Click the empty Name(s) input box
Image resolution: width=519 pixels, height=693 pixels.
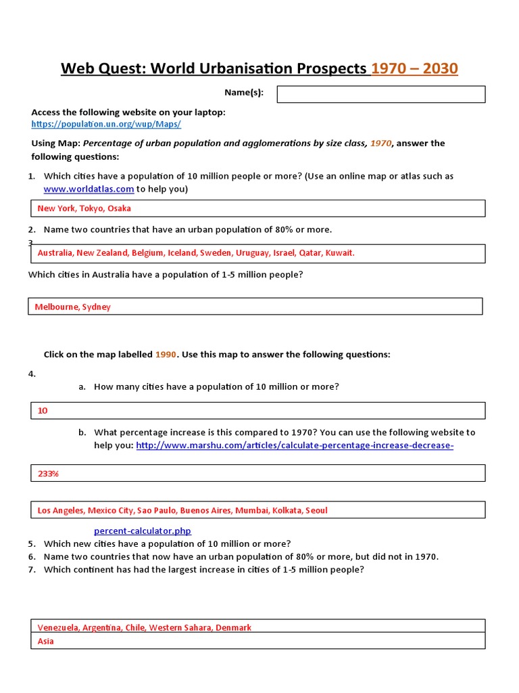pyautogui.click(x=381, y=94)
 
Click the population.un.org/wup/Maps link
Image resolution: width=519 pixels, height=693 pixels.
pyautogui.click(x=106, y=125)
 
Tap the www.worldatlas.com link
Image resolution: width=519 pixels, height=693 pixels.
pyautogui.click(x=89, y=189)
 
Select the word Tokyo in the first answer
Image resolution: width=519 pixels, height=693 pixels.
pyautogui.click(x=92, y=208)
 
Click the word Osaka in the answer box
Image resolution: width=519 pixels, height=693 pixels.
pyautogui.click(x=120, y=208)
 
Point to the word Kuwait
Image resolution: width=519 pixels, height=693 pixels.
pyautogui.click(x=340, y=253)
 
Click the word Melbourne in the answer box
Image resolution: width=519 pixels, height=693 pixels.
pyautogui.click(x=57, y=307)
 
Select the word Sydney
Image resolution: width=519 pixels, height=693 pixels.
pyautogui.click(x=97, y=307)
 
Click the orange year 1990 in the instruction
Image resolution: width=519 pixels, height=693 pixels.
pyautogui.click(x=166, y=355)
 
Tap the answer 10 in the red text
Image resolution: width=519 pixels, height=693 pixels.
pyautogui.click(x=43, y=411)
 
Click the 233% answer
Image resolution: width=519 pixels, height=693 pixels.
pyautogui.click(x=48, y=474)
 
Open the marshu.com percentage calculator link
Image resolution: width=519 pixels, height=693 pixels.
pyautogui.click(x=295, y=445)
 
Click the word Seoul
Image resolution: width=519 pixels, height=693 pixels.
pyautogui.click(x=316, y=510)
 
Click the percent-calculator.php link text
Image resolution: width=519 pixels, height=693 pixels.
pyautogui.click(x=147, y=531)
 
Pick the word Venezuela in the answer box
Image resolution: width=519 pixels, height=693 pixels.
pyautogui.click(x=59, y=627)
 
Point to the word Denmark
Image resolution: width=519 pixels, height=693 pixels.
pyautogui.click(x=233, y=627)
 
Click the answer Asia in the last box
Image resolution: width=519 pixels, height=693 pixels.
pyautogui.click(x=45, y=641)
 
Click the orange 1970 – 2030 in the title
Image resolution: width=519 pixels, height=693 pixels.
pyautogui.click(x=414, y=68)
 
